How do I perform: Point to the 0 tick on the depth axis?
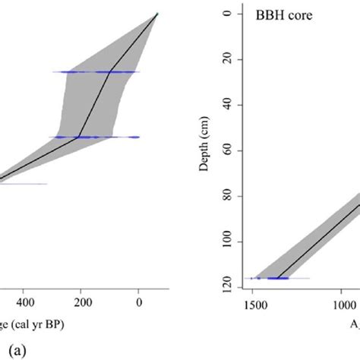[x=225, y=14]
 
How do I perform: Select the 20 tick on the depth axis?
[x=225, y=59]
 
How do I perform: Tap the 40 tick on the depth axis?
[x=225, y=105]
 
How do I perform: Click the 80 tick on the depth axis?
[x=225, y=197]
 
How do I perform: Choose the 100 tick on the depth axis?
[x=225, y=242]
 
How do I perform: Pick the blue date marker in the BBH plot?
[x=273, y=279]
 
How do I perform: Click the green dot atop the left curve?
[x=157, y=14]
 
